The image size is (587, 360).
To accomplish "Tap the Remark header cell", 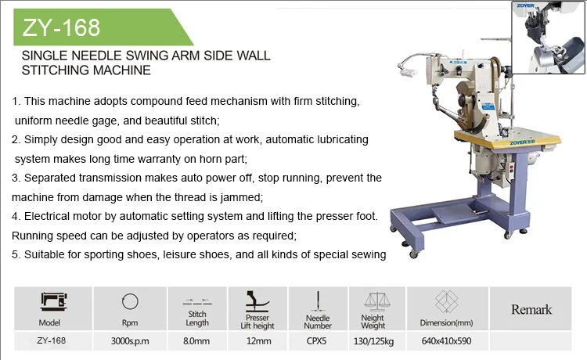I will [x=531, y=310].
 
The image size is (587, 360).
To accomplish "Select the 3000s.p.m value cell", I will [x=130, y=341].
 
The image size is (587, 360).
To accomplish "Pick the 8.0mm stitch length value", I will [x=197, y=341].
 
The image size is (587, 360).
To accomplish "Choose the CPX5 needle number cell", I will [x=317, y=341].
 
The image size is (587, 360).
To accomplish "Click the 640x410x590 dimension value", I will [x=446, y=341].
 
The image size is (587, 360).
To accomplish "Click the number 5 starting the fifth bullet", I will [x=14, y=254].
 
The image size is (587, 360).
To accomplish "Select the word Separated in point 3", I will [x=49, y=178].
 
